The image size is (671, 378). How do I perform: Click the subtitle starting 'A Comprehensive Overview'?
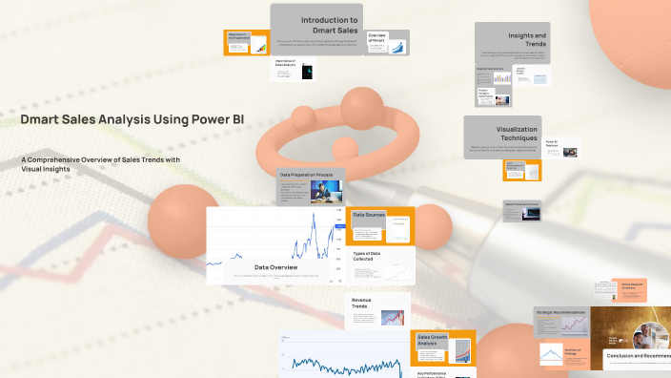click(x=100, y=164)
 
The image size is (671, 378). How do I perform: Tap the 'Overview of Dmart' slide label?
click(x=376, y=37)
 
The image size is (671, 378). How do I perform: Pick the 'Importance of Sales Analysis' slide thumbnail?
click(x=286, y=64)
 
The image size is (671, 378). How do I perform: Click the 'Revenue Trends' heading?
click(x=362, y=304)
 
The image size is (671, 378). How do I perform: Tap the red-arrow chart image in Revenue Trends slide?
click(x=391, y=319)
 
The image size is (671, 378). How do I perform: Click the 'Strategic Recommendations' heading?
click(x=560, y=312)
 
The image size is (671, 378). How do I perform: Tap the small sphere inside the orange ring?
click(x=341, y=149)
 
